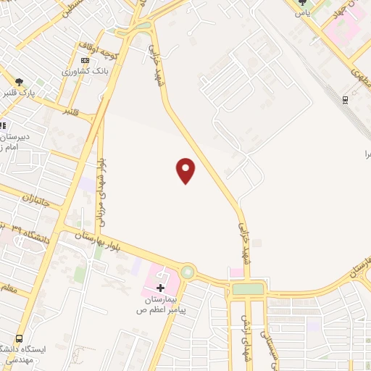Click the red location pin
pos(186,171)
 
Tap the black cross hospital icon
pos(161,288)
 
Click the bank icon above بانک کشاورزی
pos(86,60)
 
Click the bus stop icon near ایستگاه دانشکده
pos(19,338)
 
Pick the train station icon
pos(346,100)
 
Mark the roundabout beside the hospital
pos(188,272)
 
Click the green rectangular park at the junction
pos(249,288)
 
